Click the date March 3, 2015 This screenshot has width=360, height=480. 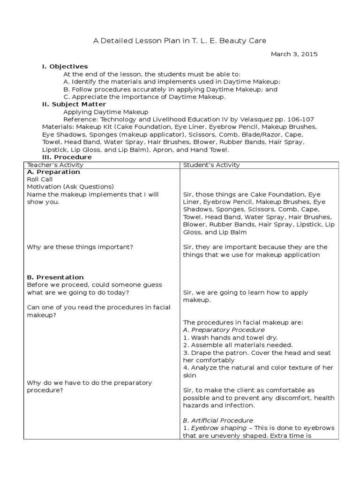tap(294, 54)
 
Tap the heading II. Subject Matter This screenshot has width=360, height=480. tap(74, 104)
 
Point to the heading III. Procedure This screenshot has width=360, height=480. tap(67, 157)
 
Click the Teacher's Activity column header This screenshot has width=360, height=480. tap(55, 165)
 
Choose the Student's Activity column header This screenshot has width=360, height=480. tap(211, 165)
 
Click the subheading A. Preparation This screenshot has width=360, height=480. tap(53, 172)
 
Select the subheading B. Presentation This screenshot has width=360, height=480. tap(55, 277)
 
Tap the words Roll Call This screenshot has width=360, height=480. tap(40, 179)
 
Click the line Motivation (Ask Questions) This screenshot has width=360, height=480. tap(70, 187)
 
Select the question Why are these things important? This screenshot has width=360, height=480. tap(83, 247)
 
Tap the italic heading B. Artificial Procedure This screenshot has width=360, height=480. tap(218, 420)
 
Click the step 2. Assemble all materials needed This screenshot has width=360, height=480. tap(238, 345)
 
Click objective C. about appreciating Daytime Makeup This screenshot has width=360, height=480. tap(144, 97)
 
